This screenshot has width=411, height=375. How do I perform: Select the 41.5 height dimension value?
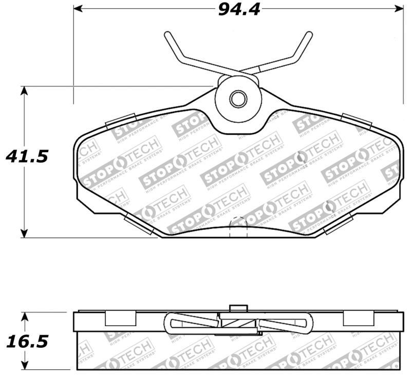click(26, 156)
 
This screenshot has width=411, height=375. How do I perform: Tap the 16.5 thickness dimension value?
click(26, 341)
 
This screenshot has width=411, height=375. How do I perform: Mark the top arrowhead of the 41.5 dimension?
click(24, 91)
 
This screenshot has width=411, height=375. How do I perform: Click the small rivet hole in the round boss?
click(237, 99)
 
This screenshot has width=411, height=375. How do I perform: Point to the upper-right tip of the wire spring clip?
click(309, 34)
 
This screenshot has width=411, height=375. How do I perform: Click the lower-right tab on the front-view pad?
click(338, 224)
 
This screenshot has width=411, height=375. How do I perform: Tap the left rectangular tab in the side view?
click(120, 318)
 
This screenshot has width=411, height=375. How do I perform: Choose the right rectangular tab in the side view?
click(355, 318)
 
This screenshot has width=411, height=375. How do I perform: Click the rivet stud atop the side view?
click(237, 308)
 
